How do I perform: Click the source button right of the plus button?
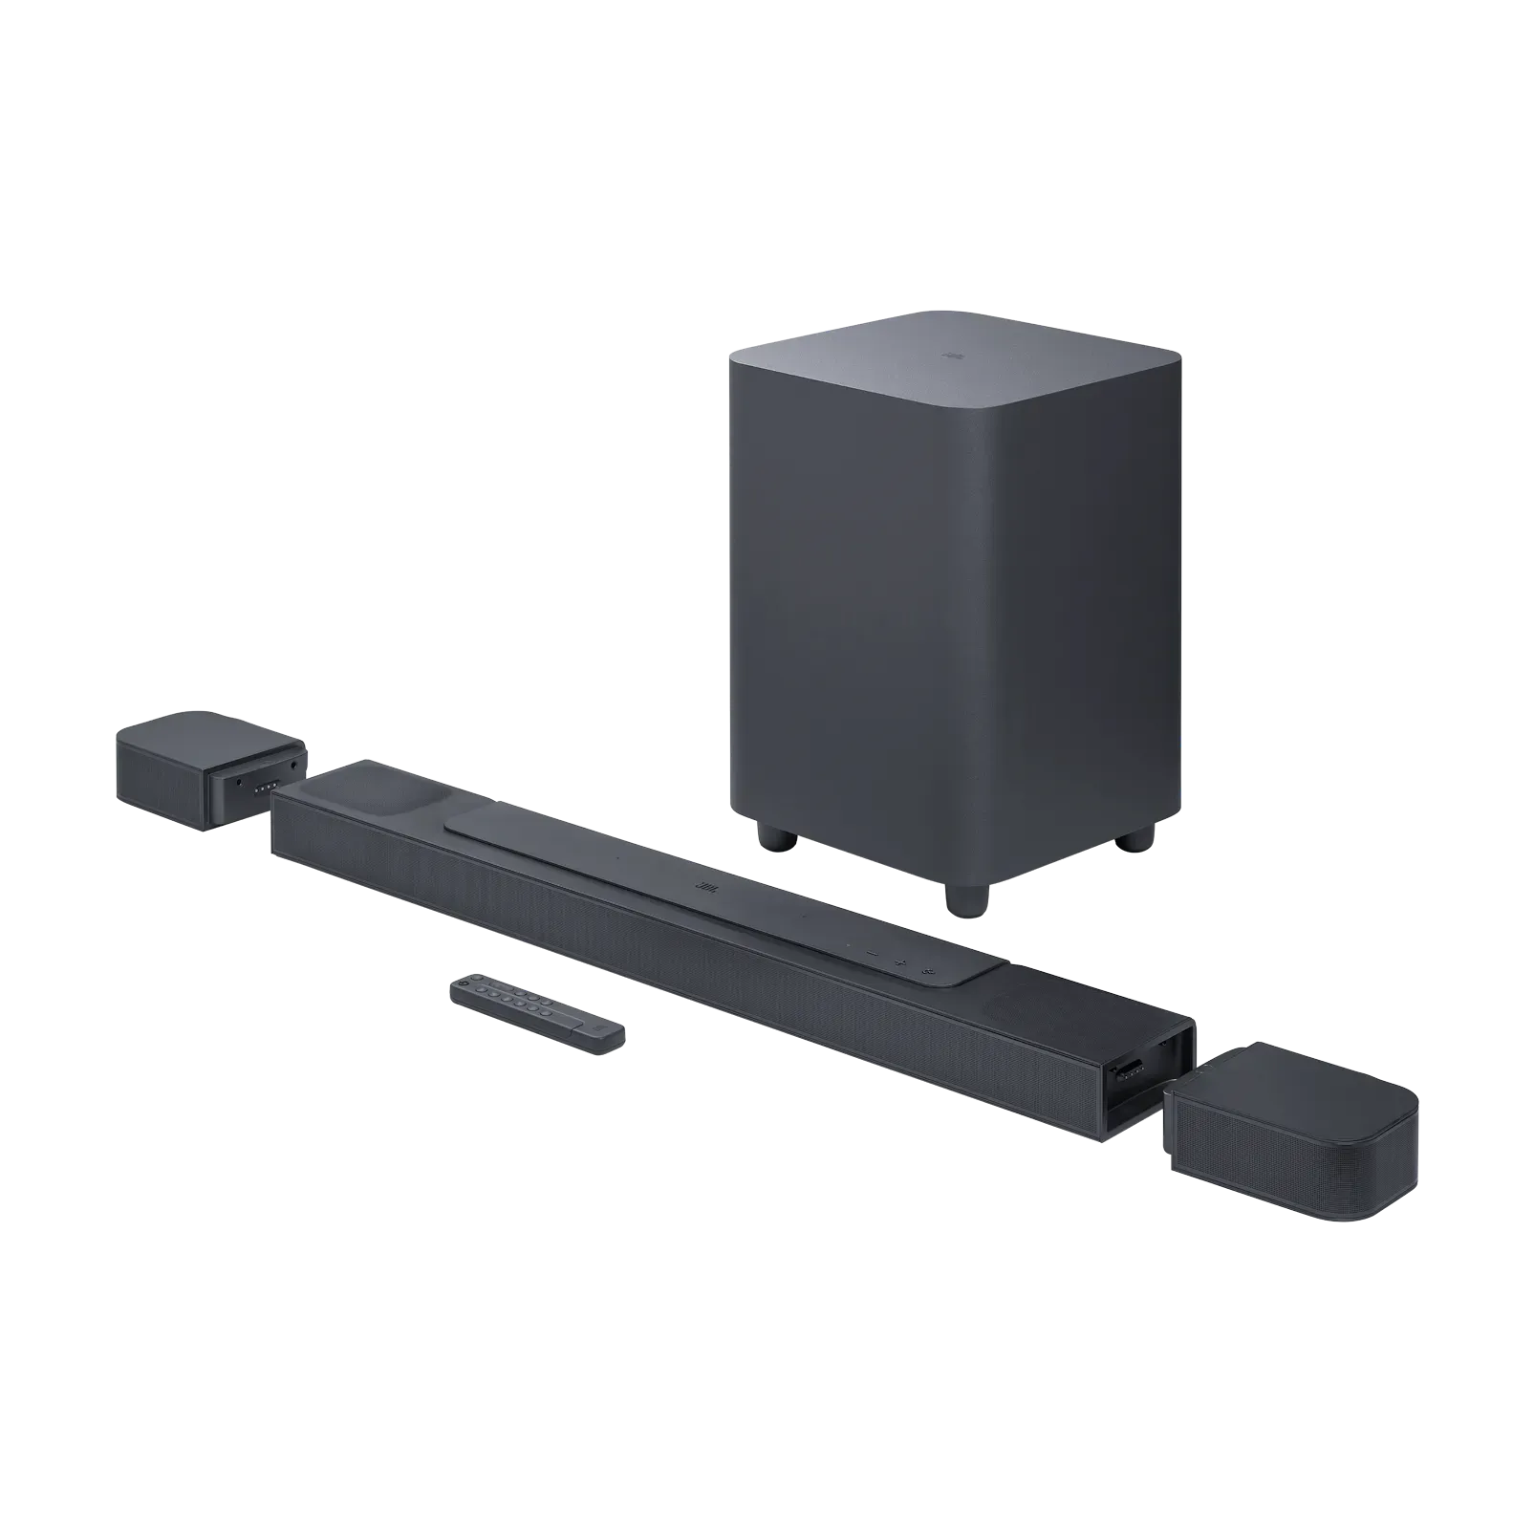pyautogui.click(x=928, y=971)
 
